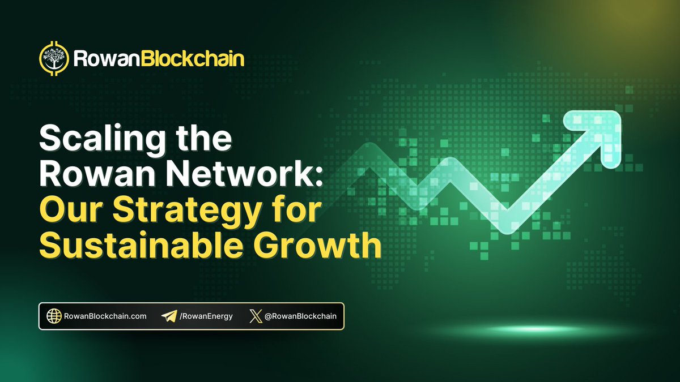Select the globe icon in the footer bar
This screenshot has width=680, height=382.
(x=54, y=316)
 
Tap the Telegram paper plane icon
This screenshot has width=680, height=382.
(x=168, y=316)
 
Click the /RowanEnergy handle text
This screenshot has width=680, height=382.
(x=206, y=316)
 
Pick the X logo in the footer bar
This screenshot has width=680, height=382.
(x=256, y=316)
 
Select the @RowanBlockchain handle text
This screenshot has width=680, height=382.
(x=300, y=316)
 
